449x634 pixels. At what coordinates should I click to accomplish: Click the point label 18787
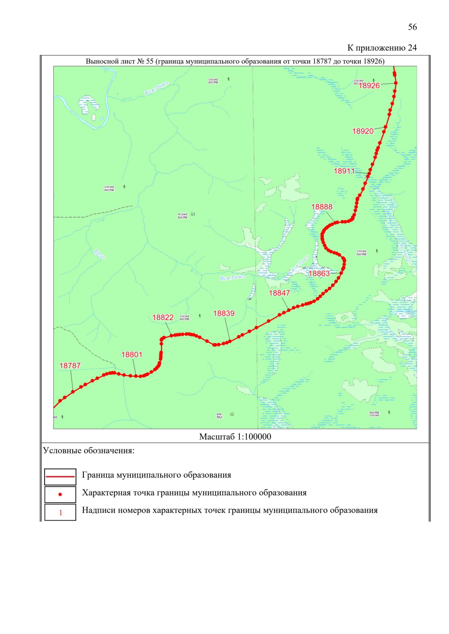pyautogui.click(x=70, y=366)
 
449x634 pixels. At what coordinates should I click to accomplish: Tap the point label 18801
pyautogui.click(x=132, y=355)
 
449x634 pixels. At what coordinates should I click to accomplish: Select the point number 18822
pyautogui.click(x=163, y=318)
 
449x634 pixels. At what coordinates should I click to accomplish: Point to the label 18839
pyautogui.click(x=224, y=313)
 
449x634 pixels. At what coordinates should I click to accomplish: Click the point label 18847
pyautogui.click(x=279, y=293)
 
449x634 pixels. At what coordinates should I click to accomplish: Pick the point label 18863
pyautogui.click(x=319, y=273)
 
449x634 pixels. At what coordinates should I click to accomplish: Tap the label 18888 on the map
pyautogui.click(x=321, y=207)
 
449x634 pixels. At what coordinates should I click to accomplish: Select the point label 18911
pyautogui.click(x=344, y=171)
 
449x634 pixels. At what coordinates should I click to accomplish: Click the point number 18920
pyautogui.click(x=363, y=131)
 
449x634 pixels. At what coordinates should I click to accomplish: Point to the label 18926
pyautogui.click(x=369, y=86)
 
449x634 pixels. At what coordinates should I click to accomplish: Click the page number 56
pyautogui.click(x=412, y=27)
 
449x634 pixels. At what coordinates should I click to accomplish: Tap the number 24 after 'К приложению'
pyautogui.click(x=412, y=48)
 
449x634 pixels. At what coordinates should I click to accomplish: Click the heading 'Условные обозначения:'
pyautogui.click(x=89, y=451)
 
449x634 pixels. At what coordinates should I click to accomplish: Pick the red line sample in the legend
pyautogui.click(x=60, y=477)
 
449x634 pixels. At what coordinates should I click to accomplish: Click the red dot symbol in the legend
pyautogui.click(x=60, y=494)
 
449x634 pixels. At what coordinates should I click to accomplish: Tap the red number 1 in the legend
pyautogui.click(x=61, y=513)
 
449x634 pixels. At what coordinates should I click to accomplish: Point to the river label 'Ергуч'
pyautogui.click(x=100, y=254)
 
